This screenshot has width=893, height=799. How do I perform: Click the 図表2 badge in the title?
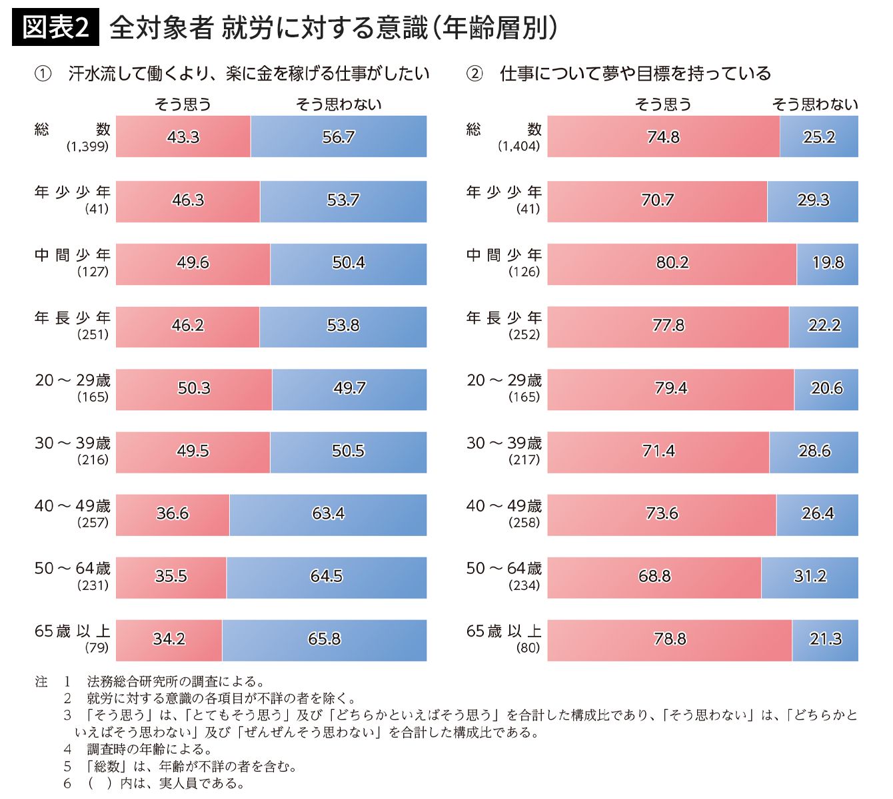click(55, 28)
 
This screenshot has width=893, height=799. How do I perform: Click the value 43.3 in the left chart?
click(183, 137)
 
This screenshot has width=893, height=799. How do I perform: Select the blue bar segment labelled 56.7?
click(339, 137)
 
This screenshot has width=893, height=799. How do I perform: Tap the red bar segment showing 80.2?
click(672, 263)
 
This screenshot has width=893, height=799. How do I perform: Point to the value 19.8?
click(828, 263)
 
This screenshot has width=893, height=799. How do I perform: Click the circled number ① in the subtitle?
click(43, 74)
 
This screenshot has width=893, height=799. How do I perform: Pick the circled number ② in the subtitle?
click(474, 74)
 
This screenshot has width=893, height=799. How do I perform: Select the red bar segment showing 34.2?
click(169, 639)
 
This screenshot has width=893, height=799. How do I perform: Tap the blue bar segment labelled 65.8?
click(325, 639)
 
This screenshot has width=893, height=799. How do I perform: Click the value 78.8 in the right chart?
click(670, 639)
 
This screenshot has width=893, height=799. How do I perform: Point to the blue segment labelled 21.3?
click(825, 639)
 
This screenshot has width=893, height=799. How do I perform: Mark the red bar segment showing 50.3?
click(194, 388)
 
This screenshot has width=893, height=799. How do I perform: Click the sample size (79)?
click(97, 648)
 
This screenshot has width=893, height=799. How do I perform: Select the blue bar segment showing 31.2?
click(810, 577)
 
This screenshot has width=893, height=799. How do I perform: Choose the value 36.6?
click(173, 514)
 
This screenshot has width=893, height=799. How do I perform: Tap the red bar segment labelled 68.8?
click(654, 577)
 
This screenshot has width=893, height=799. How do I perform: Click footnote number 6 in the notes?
click(67, 784)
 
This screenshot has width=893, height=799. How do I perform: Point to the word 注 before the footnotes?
click(41, 682)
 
